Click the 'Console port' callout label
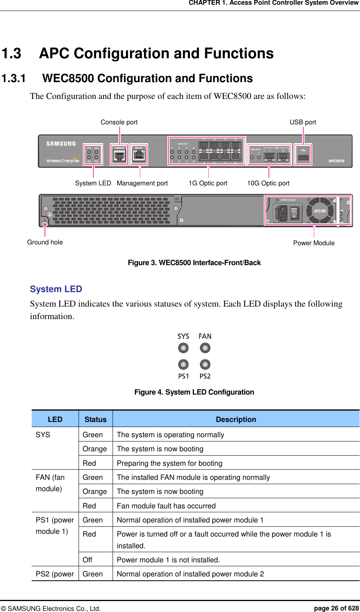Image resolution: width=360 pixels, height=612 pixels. pyautogui.click(x=119, y=122)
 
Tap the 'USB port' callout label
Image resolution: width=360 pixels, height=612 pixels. pyautogui.click(x=303, y=122)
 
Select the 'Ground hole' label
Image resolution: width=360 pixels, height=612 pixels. pyautogui.click(x=45, y=242)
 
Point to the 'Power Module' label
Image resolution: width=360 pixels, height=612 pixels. pyautogui.click(x=314, y=243)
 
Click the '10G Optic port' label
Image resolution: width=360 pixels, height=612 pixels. pyautogui.click(x=268, y=183)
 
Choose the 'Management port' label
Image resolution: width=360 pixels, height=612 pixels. pyautogui.click(x=142, y=183)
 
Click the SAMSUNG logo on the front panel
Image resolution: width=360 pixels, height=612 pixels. pyautogui.click(x=61, y=144)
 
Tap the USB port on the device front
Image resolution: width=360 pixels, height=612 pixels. pyautogui.click(x=303, y=157)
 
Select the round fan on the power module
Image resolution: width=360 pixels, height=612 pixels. pyautogui.click(x=320, y=211)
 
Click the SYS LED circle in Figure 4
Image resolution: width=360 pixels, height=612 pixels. pyautogui.click(x=183, y=348)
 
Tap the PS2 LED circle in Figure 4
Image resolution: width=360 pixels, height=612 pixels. pyautogui.click(x=205, y=364)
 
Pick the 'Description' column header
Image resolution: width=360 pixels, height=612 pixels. pyautogui.click(x=236, y=419)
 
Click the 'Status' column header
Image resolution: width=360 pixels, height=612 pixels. pyautogui.click(x=95, y=419)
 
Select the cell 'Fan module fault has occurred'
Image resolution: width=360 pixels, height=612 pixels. pyautogui.click(x=166, y=506)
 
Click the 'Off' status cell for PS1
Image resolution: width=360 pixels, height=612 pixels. pyautogui.click(x=88, y=560)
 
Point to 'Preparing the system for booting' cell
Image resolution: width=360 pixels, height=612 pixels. pyautogui.click(x=170, y=463)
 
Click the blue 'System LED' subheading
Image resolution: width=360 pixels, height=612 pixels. pyautogui.click(x=56, y=289)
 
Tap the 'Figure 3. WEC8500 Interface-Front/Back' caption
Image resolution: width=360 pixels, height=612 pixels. pyautogui.click(x=194, y=262)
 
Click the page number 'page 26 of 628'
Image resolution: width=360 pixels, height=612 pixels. pyautogui.click(x=336, y=608)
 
